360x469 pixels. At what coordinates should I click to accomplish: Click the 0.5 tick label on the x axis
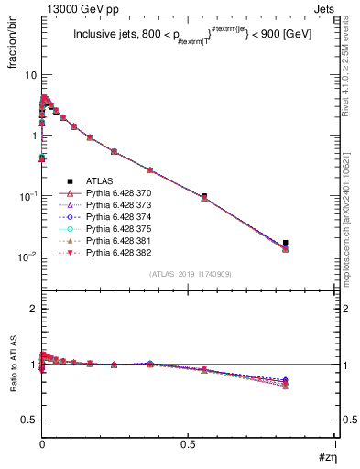188,447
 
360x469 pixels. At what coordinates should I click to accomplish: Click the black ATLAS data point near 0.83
286,243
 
